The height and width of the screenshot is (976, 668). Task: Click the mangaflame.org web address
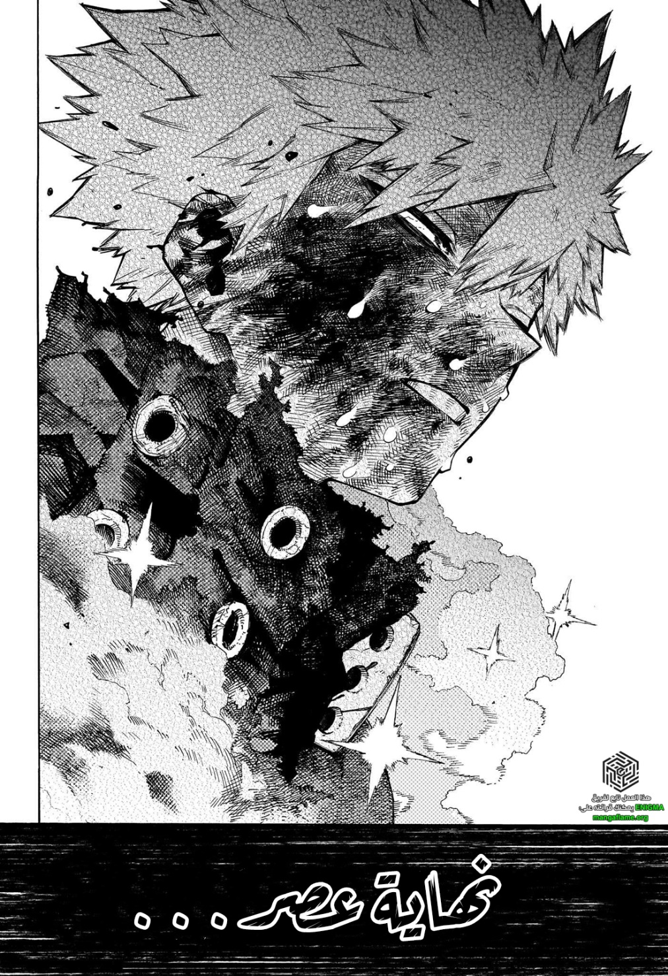[618, 817]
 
